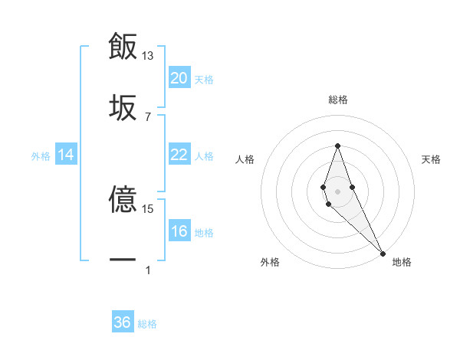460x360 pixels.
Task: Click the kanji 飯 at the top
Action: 123,46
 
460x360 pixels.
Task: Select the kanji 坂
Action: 123,106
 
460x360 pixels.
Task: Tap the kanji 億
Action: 123,199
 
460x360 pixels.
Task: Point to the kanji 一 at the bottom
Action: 123,260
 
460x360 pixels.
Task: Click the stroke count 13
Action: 148,56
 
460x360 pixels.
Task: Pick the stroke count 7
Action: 148,116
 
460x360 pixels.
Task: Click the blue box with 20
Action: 179,78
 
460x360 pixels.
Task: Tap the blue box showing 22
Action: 179,155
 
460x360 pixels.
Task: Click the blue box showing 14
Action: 66,155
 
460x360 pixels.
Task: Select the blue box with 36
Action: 123,322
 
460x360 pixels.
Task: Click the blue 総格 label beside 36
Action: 147,324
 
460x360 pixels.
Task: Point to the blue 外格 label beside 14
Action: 41,156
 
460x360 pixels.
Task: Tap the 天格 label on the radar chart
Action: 431,159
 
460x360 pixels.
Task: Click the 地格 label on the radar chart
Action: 402,263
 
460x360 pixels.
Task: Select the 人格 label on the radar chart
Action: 245,159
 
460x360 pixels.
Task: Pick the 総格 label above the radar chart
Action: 338,100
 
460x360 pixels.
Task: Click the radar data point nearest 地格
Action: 383,253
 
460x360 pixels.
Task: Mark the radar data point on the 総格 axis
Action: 337,146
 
